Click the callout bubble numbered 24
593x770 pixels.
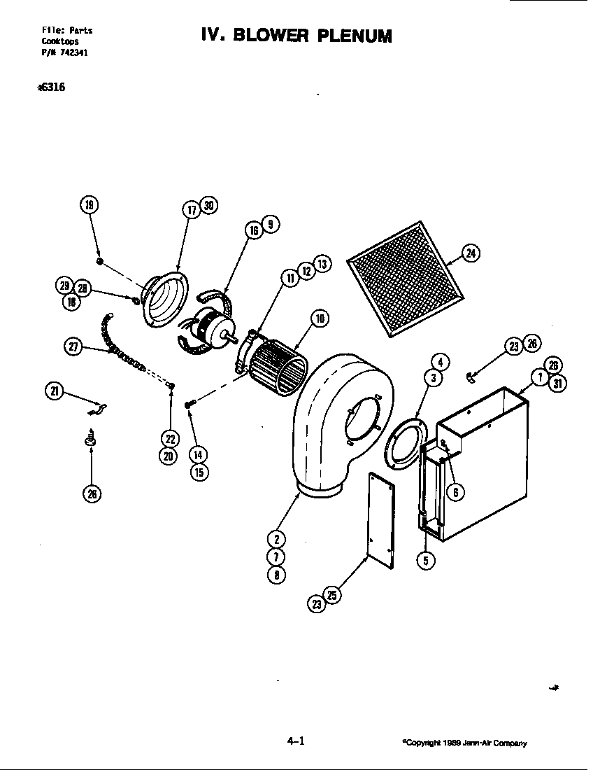[471, 253]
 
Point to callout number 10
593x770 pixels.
[320, 320]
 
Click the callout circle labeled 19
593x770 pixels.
[88, 205]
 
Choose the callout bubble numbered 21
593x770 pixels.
[54, 392]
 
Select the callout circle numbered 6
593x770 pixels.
[455, 492]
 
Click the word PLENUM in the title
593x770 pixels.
[354, 35]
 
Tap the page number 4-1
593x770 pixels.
[296, 741]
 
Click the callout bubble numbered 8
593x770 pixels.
[277, 575]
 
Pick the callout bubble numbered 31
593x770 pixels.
[558, 383]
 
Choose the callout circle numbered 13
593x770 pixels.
[322, 264]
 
